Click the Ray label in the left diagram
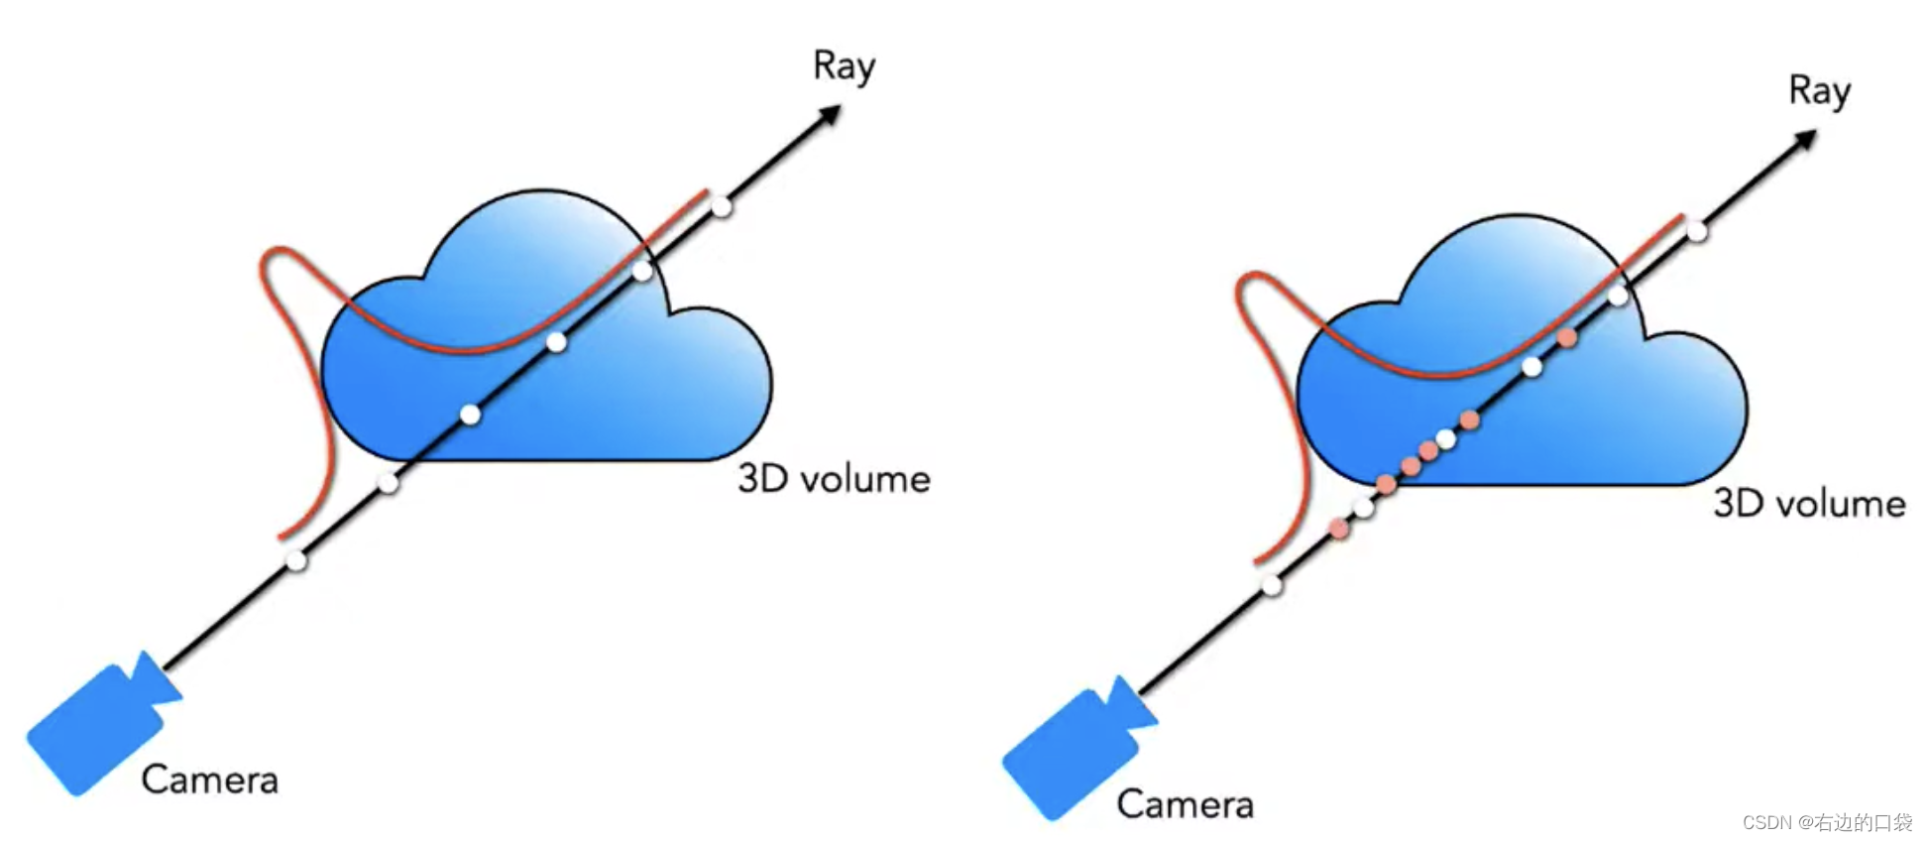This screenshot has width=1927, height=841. click(844, 67)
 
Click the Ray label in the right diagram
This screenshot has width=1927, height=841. click(1819, 92)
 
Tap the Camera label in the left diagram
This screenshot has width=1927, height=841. click(209, 780)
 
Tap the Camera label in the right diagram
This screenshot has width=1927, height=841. click(1185, 804)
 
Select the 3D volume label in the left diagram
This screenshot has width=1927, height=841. click(834, 479)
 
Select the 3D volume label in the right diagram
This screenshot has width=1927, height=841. click(1809, 504)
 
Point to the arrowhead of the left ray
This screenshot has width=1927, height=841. click(830, 116)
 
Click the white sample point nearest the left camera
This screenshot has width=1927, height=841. click(296, 560)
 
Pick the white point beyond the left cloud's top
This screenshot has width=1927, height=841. click(722, 207)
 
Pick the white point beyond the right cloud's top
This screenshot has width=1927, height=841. click(1697, 232)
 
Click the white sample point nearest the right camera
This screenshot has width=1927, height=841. click(1272, 585)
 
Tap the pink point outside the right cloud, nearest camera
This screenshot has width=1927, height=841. click(1339, 529)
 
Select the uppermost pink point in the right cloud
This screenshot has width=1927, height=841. click(1567, 338)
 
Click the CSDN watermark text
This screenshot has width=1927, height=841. click(1827, 822)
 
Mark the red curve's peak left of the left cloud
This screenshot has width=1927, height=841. click(279, 249)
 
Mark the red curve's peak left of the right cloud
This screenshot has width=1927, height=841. click(1254, 274)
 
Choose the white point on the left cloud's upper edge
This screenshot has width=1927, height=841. click(642, 271)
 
